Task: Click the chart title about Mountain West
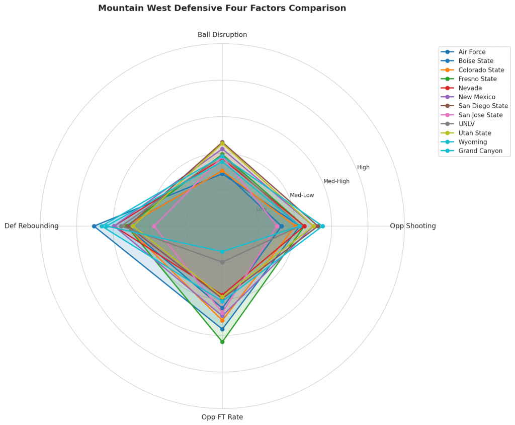222,9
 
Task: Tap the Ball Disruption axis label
222,35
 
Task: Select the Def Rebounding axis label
32,226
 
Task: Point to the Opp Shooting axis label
413,226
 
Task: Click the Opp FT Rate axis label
222,417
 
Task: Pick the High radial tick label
363,168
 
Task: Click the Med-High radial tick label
336,181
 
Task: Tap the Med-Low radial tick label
302,195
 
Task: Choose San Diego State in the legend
483,106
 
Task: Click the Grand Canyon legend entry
480,151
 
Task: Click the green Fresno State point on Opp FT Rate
222,342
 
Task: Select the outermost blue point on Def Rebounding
94,226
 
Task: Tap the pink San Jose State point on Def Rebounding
154,226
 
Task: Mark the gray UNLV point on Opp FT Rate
222,262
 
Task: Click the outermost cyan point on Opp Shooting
323,226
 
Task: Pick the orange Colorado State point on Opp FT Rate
222,320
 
